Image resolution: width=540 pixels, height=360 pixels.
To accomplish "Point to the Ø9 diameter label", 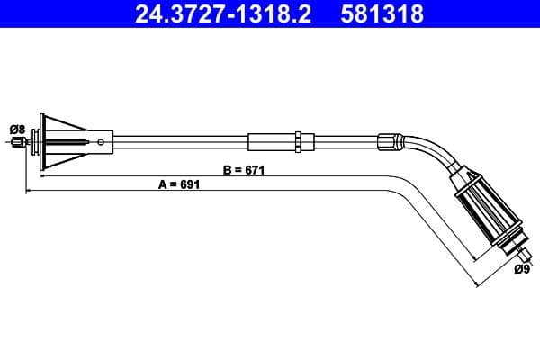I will tap(521, 269).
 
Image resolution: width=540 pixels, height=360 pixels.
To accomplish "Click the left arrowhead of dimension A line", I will tap(30, 191).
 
